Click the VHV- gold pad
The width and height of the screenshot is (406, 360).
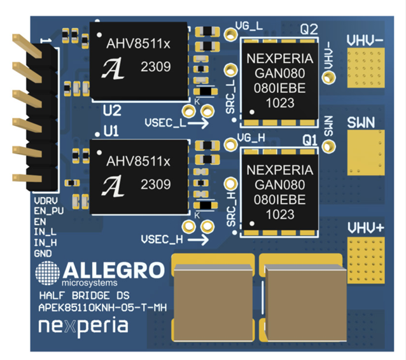click(x=365, y=67)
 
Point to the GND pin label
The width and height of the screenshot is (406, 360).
click(x=42, y=253)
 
